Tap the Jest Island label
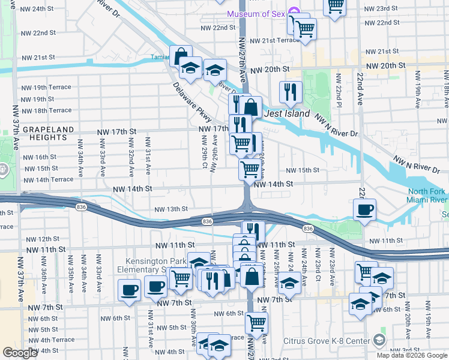click(x=288, y=113)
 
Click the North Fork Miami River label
click(x=425, y=196)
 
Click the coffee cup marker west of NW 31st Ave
click(x=129, y=291)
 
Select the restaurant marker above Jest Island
click(x=291, y=92)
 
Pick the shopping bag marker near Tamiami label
click(x=181, y=56)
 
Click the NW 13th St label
click(x=172, y=209)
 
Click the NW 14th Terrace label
click(x=48, y=179)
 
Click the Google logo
click(x=20, y=353)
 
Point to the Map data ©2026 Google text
click(x=412, y=355)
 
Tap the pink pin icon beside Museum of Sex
click(x=294, y=12)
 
